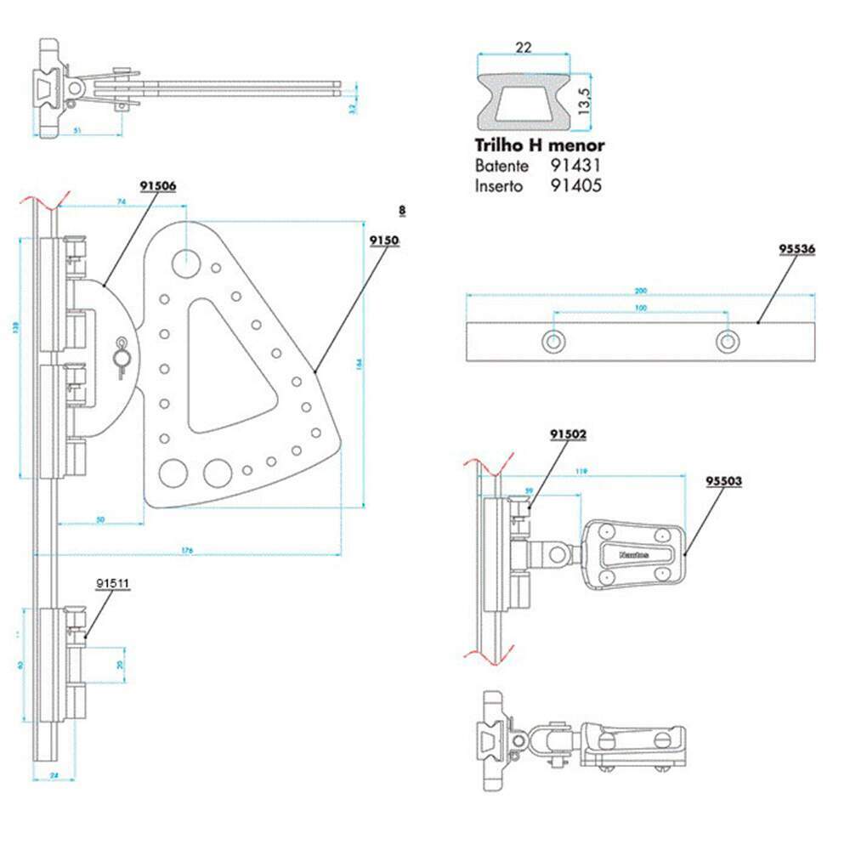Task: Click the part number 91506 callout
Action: click(x=158, y=185)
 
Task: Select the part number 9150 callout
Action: click(x=384, y=241)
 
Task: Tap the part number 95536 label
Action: click(x=797, y=249)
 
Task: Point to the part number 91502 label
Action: click(x=569, y=433)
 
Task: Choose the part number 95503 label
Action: click(x=724, y=480)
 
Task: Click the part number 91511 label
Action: click(x=112, y=584)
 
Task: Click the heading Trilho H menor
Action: click(x=538, y=145)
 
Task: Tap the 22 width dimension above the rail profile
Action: click(x=524, y=48)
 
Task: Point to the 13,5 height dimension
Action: click(x=584, y=94)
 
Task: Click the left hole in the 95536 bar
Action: click(x=554, y=341)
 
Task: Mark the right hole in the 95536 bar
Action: click(x=726, y=341)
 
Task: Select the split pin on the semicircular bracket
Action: click(x=121, y=358)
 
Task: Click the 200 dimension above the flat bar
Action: click(x=639, y=291)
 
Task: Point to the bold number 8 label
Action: click(x=401, y=209)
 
